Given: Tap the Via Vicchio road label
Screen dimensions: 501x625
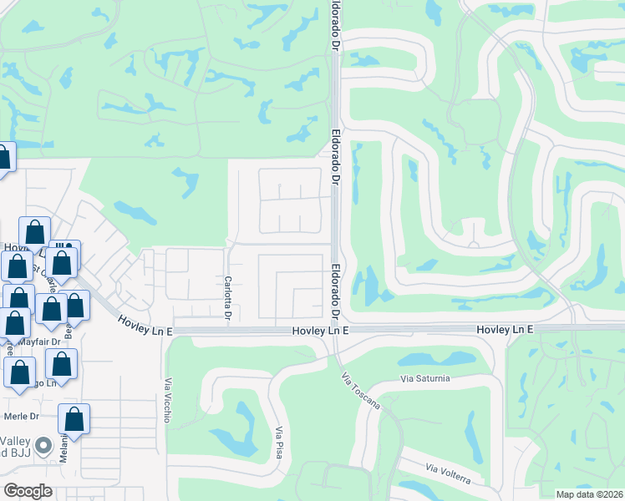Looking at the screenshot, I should [167, 400].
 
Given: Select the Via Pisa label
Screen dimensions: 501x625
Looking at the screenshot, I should [279, 442].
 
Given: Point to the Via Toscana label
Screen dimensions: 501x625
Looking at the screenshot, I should [360, 390].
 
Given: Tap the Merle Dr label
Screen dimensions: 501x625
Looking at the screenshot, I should [23, 416].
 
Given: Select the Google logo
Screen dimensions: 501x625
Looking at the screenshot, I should [28, 490].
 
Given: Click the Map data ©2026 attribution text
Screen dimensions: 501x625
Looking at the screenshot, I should [590, 493].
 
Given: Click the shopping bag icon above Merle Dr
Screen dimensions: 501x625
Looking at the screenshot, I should [74, 418].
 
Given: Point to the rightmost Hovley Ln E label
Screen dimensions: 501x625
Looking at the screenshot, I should [505, 331].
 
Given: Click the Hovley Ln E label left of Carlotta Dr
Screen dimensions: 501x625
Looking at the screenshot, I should [145, 320].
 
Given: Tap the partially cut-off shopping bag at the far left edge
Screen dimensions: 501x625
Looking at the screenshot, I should [4, 158].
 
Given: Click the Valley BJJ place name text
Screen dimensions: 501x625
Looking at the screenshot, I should [17, 448].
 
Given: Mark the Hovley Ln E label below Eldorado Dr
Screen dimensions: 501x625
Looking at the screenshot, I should [320, 331].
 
